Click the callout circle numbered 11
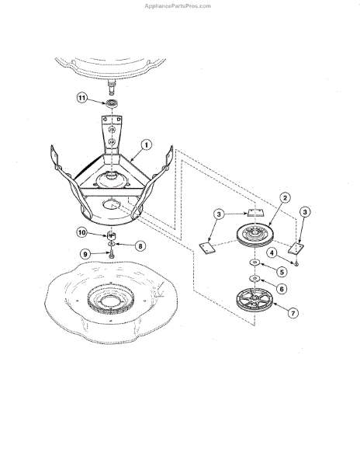(x=81, y=97)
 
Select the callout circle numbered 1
(x=145, y=144)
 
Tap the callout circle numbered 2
(x=286, y=199)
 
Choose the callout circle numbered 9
(x=85, y=253)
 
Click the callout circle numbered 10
(x=81, y=232)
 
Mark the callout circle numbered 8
(x=141, y=245)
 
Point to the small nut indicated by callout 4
(x=297, y=264)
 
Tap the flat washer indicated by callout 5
(x=254, y=264)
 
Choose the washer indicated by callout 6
(x=254, y=278)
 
